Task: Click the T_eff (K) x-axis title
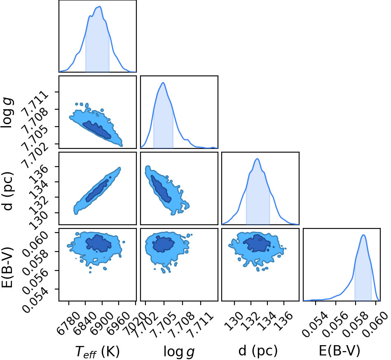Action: click(97, 351)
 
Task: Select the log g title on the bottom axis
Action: click(179, 352)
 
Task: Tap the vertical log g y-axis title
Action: click(7, 113)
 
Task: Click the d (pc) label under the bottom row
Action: click(258, 351)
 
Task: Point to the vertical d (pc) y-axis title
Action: click(7, 191)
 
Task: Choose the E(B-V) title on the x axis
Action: click(339, 351)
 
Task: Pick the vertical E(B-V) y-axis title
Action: click(7, 267)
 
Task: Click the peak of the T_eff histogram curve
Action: click(99, 7)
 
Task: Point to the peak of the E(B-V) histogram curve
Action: click(363, 235)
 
